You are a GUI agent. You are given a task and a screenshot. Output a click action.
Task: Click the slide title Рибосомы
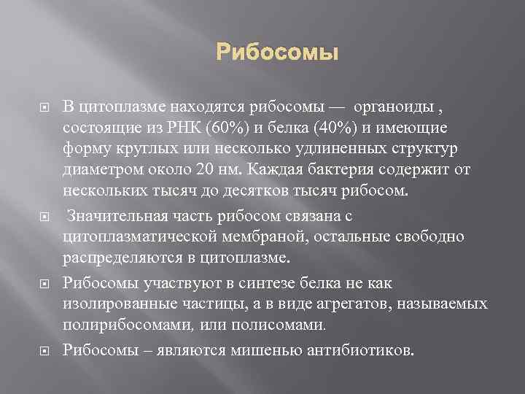tap(277, 54)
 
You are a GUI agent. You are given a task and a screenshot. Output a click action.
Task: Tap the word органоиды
tap(393, 108)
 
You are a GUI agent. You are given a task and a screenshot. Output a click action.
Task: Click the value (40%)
tap(332, 128)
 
